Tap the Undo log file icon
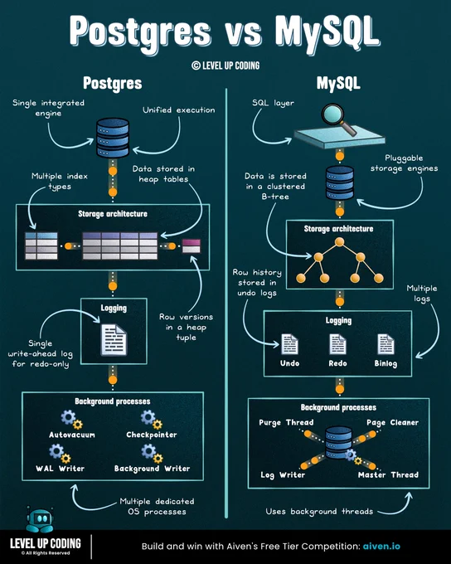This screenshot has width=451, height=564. pyautogui.click(x=289, y=344)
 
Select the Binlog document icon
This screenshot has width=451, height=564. pyautogui.click(x=386, y=344)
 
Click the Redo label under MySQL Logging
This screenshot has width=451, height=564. pyautogui.click(x=337, y=363)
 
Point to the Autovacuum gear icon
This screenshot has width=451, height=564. pyautogui.click(x=71, y=420)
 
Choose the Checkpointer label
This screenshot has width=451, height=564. pyautogui.click(x=152, y=435)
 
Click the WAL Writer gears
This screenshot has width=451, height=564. pyautogui.click(x=60, y=453)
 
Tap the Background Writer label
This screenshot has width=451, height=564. pyautogui.click(x=153, y=469)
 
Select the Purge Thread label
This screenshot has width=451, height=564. pyautogui.click(x=286, y=423)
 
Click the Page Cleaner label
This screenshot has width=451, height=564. pyautogui.click(x=392, y=423)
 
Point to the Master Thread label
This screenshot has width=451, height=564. pyautogui.click(x=389, y=474)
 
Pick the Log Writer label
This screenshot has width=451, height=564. pyautogui.click(x=283, y=475)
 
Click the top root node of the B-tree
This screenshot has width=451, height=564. pyautogui.click(x=339, y=241)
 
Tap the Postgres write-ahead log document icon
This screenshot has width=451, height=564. pyautogui.click(x=114, y=340)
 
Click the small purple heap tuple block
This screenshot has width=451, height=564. pyautogui.click(x=192, y=246)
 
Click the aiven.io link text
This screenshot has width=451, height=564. pyautogui.click(x=381, y=547)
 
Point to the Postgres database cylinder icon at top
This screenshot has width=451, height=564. pyautogui.click(x=113, y=138)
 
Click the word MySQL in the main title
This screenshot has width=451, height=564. pyautogui.click(x=327, y=32)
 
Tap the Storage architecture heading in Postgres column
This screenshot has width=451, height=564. pyautogui.click(x=113, y=214)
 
